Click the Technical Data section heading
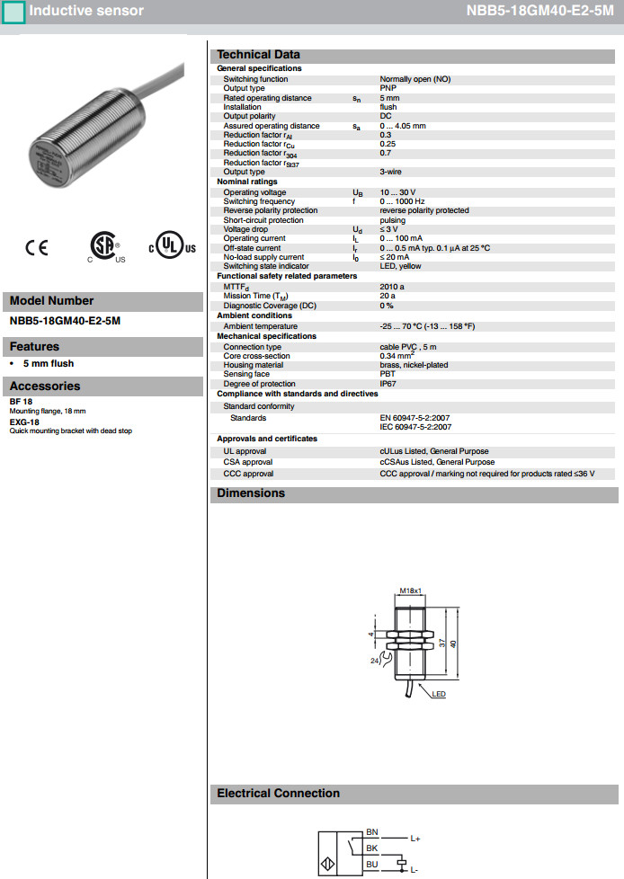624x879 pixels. (x=259, y=55)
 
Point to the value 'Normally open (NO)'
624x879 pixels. (x=415, y=79)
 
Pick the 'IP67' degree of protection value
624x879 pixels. (x=388, y=384)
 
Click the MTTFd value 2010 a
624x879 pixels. (x=392, y=286)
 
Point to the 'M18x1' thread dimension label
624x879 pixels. (x=410, y=590)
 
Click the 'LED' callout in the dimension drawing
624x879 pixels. (x=439, y=695)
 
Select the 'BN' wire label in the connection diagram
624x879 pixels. (x=372, y=833)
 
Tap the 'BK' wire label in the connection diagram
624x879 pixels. (x=372, y=848)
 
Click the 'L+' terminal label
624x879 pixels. (x=415, y=839)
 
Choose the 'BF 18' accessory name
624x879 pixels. (x=21, y=401)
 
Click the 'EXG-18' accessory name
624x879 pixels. (x=24, y=422)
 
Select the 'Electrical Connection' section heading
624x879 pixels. (x=278, y=794)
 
